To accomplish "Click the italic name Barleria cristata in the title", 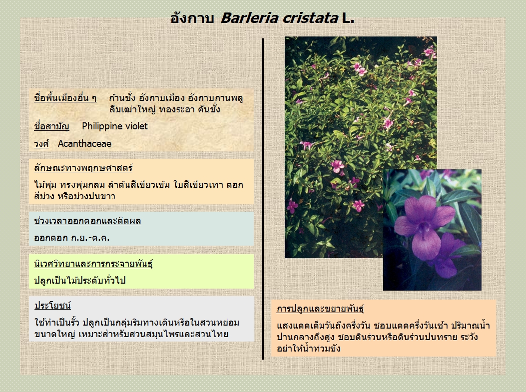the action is coord(279,18).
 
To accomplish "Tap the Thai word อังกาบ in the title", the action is coord(192,18).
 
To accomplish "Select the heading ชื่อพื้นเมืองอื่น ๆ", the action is coord(65,98).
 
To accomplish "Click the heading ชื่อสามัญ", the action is coord(51,126).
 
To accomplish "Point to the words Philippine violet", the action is coord(115,126).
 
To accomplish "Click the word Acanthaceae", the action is coord(84,143).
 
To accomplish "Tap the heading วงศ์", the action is coord(41,143).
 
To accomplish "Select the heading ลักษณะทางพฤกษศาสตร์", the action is coord(83,168).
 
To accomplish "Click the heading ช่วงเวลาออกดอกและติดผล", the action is coord(87,221).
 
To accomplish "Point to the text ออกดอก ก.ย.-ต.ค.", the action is coord(72,238).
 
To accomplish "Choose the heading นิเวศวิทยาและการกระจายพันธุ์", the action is coord(93,264).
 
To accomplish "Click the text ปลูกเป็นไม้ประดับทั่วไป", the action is coord(80,280).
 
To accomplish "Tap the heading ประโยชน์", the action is coord(52,306).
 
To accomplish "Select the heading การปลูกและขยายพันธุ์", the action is coord(320,309).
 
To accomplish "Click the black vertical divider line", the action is coord(263,199).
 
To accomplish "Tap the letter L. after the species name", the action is coord(348,18).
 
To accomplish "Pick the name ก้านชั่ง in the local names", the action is coord(122,98).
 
